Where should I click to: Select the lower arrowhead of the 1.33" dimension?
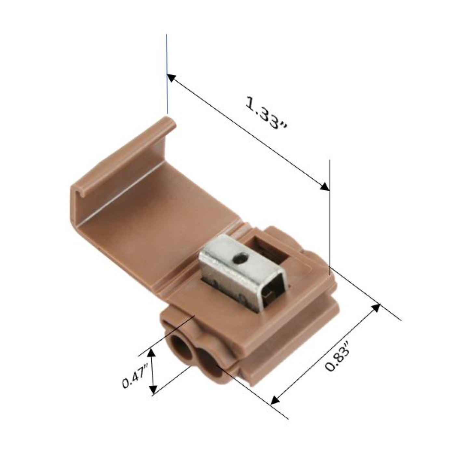coord(324,187)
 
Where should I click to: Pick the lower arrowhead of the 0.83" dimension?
coord(275,399)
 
